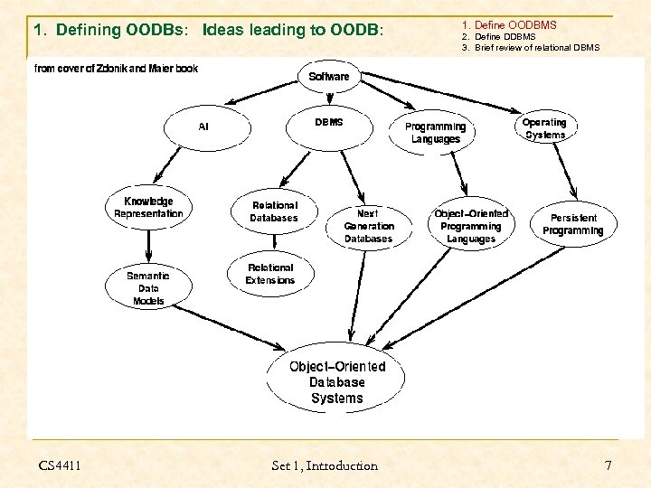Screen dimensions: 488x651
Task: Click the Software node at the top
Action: tap(329, 77)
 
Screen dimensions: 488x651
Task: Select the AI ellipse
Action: tap(203, 127)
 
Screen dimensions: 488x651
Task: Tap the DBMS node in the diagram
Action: tap(329, 123)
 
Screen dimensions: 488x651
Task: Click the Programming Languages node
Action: tap(436, 133)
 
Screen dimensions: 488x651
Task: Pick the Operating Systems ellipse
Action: tap(544, 128)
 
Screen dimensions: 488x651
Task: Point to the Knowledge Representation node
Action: tap(148, 208)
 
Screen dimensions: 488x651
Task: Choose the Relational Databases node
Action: tap(274, 211)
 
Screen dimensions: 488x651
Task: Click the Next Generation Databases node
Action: tap(369, 226)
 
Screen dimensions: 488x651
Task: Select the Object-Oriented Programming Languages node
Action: tap(471, 226)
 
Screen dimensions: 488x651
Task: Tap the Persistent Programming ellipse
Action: tap(572, 224)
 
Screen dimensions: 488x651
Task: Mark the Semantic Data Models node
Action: tap(148, 288)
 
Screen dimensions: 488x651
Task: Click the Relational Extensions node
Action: tap(270, 274)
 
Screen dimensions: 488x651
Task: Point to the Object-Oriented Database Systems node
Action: tap(336, 382)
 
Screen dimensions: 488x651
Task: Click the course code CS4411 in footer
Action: tap(60, 465)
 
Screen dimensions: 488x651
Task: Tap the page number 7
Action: tap(608, 465)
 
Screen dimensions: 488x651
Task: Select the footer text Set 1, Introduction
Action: tap(325, 465)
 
